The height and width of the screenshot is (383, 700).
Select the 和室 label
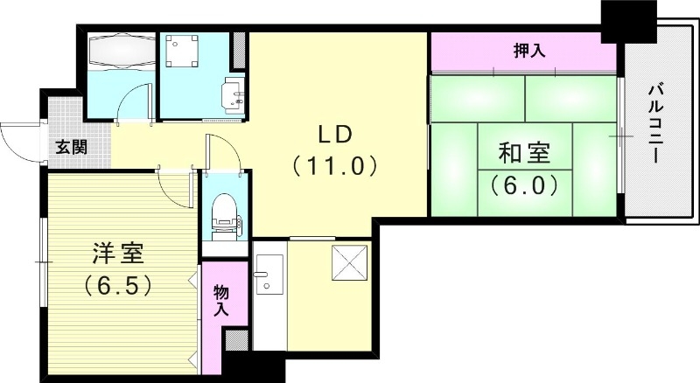click(524, 154)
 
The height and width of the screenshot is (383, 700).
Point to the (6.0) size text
click(524, 185)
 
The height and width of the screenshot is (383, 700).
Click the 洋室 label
click(119, 255)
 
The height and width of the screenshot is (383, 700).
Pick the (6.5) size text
click(119, 285)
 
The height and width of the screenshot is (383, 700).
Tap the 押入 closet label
click(528, 51)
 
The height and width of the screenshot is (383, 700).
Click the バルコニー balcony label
click(654, 122)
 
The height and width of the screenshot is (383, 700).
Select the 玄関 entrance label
click(72, 147)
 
